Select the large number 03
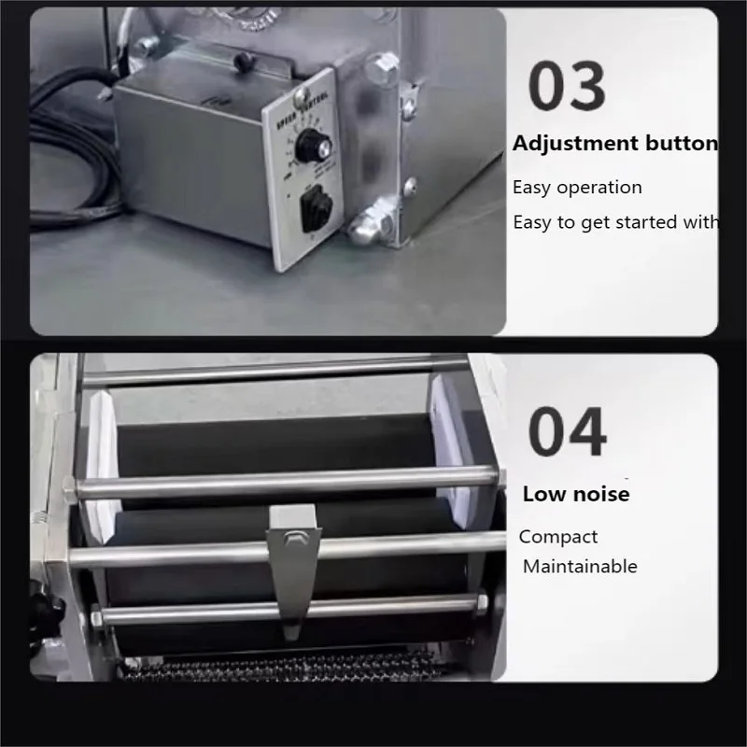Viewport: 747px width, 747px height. click(x=567, y=86)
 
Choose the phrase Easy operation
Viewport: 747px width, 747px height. click(x=577, y=187)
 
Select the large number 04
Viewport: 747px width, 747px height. click(x=567, y=432)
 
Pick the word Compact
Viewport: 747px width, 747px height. click(x=558, y=537)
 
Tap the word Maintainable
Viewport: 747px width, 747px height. click(x=580, y=566)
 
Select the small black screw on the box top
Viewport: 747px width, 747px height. click(x=243, y=59)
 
